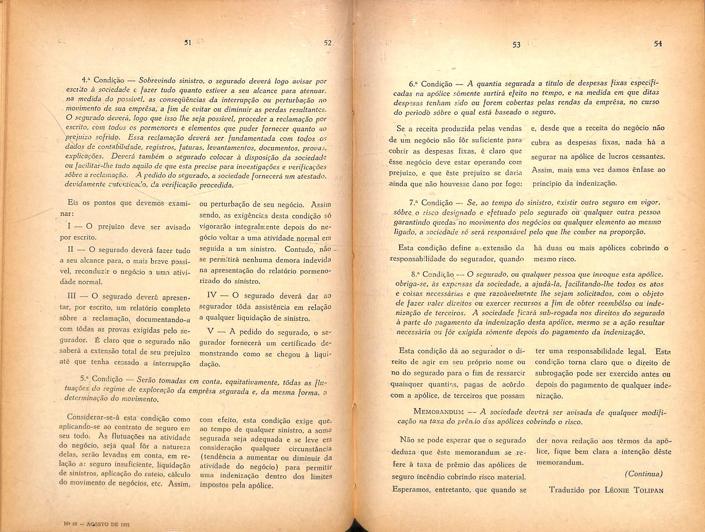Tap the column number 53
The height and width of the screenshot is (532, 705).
(516, 44)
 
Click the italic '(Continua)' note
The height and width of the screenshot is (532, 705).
(644, 474)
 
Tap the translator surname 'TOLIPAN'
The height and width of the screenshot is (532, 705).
(649, 490)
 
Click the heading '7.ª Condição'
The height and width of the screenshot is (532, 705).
(431, 203)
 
